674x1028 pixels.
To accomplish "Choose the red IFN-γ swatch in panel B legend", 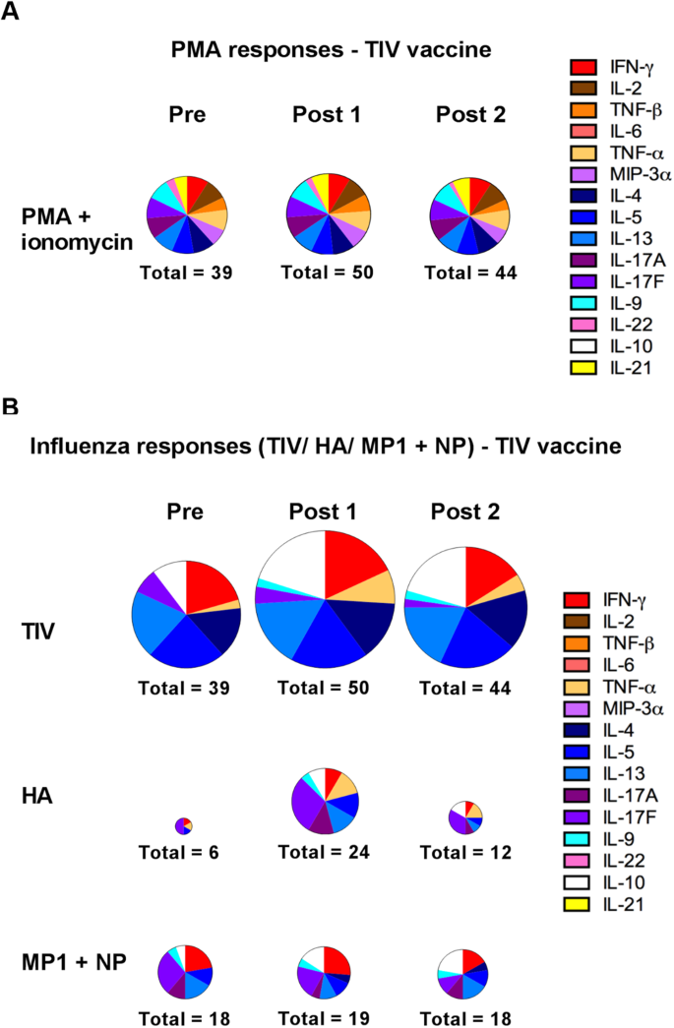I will pyautogui.click(x=577, y=599).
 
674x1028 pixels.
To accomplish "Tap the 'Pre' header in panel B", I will pyautogui.click(x=185, y=512).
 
